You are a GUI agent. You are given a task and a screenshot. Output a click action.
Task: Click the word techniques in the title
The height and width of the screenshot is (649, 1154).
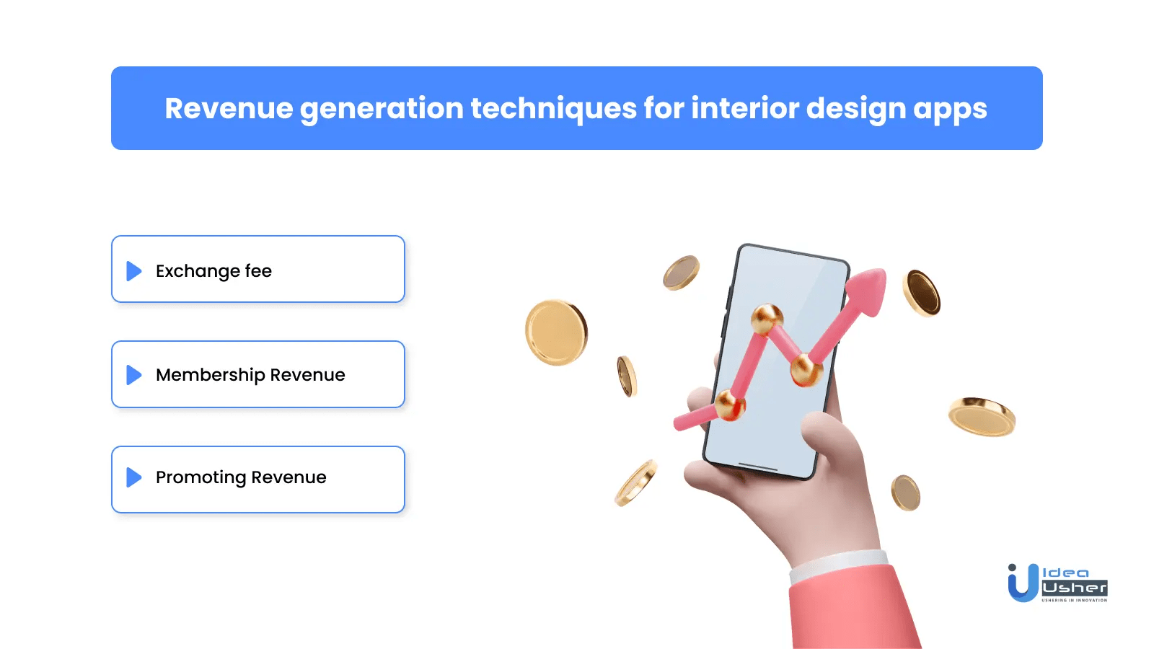[552, 108]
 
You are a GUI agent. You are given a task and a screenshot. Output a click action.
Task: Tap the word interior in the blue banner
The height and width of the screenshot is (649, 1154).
[744, 108]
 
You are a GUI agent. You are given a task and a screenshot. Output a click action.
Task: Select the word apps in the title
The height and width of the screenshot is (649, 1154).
[950, 110]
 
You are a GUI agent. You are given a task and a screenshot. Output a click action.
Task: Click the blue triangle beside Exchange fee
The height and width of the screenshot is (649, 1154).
[134, 271]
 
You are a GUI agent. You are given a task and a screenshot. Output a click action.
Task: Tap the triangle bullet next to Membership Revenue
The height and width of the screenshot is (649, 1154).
[134, 375]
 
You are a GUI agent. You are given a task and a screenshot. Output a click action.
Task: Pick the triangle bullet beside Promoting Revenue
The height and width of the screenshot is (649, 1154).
[134, 477]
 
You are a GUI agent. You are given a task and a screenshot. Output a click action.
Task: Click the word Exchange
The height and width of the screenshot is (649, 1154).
[198, 271]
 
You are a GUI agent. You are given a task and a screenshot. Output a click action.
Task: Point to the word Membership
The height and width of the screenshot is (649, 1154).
[210, 375]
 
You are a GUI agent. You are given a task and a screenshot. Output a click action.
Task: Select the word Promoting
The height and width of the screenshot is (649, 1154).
[201, 477]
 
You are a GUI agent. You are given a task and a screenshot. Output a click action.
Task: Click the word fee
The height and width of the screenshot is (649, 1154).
[258, 271]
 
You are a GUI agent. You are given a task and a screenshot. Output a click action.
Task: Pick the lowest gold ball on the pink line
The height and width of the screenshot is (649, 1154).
[730, 405]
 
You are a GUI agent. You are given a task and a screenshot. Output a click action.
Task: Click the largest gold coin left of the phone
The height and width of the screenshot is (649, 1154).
[555, 332]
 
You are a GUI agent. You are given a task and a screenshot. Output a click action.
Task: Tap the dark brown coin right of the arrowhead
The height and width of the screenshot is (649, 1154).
[922, 293]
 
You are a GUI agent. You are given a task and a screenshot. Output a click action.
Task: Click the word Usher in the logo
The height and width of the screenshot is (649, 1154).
[1074, 588]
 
